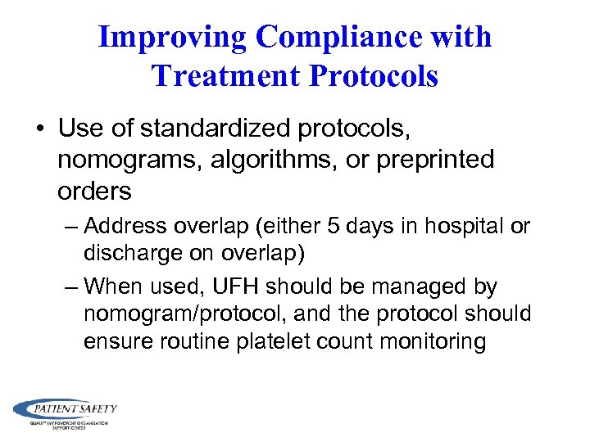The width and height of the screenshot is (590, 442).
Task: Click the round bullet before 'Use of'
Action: [x=41, y=129]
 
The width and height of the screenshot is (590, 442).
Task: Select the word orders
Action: [x=94, y=191]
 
